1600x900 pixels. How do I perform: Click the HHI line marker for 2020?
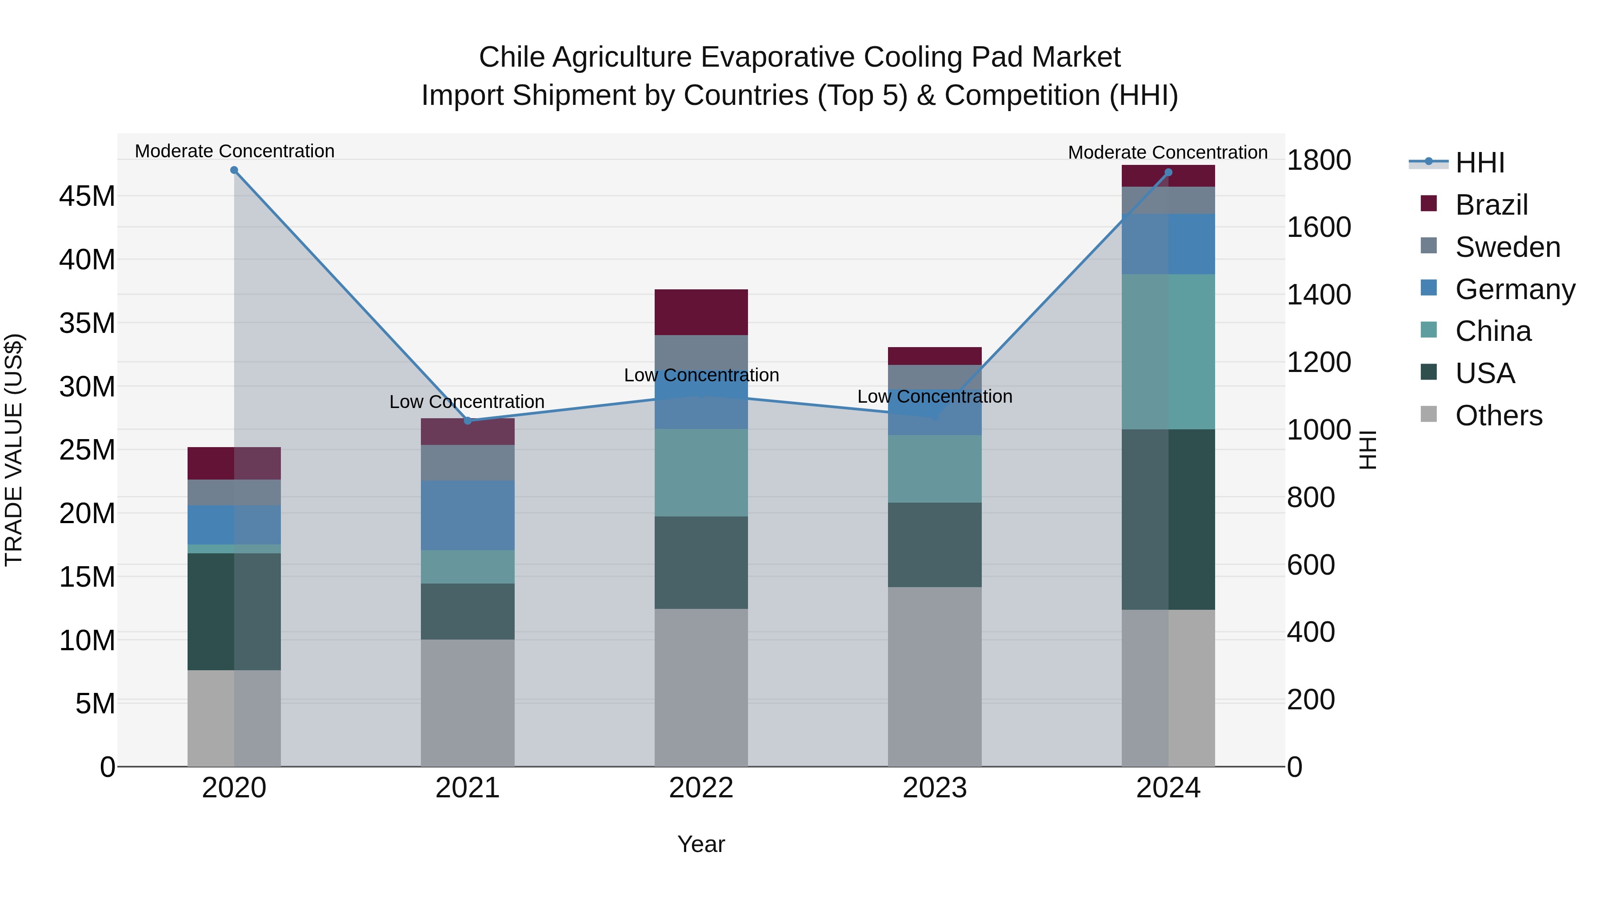click(x=234, y=170)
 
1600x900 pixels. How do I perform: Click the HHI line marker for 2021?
click(x=468, y=420)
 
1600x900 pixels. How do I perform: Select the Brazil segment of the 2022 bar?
click(x=701, y=312)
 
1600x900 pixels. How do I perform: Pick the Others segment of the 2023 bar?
click(x=935, y=676)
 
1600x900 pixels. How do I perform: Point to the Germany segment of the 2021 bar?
click(x=468, y=515)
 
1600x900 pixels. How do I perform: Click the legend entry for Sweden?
click(x=1508, y=247)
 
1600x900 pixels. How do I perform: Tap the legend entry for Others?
click(x=1498, y=416)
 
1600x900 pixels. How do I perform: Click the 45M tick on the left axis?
click(x=87, y=196)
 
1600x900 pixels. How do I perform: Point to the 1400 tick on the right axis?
click(x=1318, y=294)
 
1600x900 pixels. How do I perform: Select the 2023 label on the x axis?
click(x=935, y=788)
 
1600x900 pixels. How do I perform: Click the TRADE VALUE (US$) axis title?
click(x=14, y=450)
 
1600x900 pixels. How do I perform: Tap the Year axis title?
click(x=701, y=844)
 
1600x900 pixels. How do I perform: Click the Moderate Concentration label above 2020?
click(x=235, y=152)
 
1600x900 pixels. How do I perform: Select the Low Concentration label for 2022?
click(x=701, y=375)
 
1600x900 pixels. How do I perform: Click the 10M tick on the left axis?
click(x=87, y=640)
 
